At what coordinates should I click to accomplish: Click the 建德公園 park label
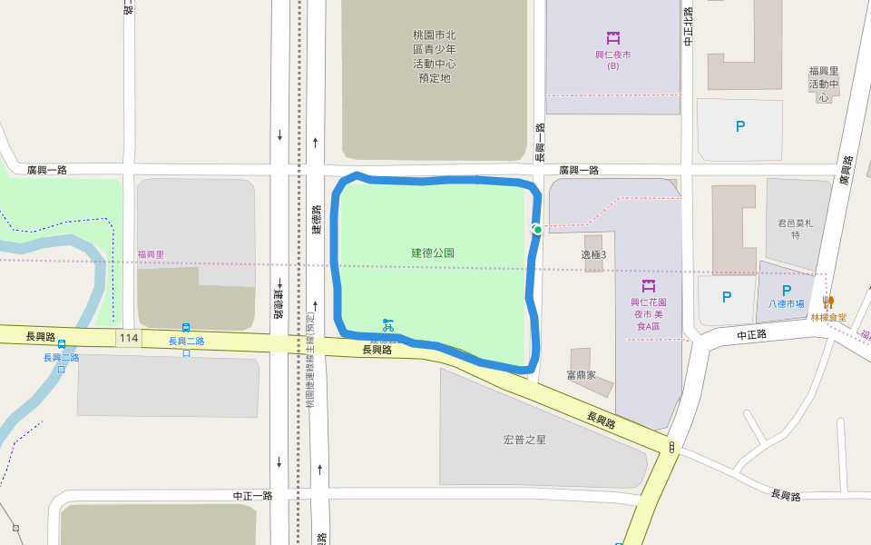(x=433, y=253)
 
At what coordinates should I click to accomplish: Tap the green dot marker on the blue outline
(x=537, y=230)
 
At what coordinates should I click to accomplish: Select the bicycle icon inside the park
(x=388, y=324)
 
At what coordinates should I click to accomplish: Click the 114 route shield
(x=128, y=339)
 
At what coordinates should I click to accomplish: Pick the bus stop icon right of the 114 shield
(x=186, y=328)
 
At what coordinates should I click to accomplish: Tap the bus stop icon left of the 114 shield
(x=62, y=344)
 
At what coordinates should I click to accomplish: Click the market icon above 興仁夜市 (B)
(x=613, y=38)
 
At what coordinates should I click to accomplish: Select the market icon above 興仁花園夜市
(x=649, y=286)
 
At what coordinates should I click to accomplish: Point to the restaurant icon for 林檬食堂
(x=828, y=302)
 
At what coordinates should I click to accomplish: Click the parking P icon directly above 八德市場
(x=787, y=291)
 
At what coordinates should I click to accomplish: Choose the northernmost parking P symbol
(x=740, y=127)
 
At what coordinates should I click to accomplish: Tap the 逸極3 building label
(x=593, y=254)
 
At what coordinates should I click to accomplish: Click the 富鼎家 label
(x=581, y=374)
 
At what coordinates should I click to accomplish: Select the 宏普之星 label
(x=524, y=440)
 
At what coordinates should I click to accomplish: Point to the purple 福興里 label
(x=151, y=254)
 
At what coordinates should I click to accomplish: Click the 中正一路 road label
(x=252, y=496)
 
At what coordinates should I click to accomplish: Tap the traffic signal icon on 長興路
(x=671, y=447)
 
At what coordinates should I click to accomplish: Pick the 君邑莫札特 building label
(x=796, y=229)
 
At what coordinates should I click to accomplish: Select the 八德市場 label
(x=787, y=304)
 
